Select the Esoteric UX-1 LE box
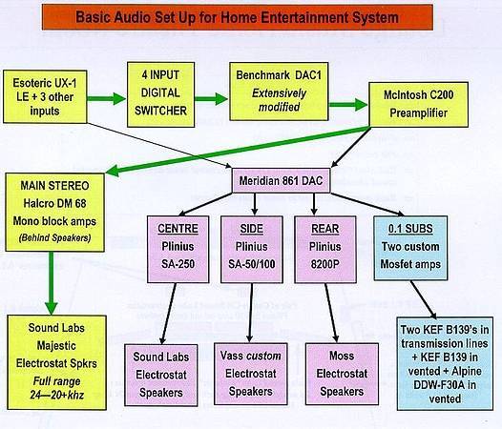coord(49,96)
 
